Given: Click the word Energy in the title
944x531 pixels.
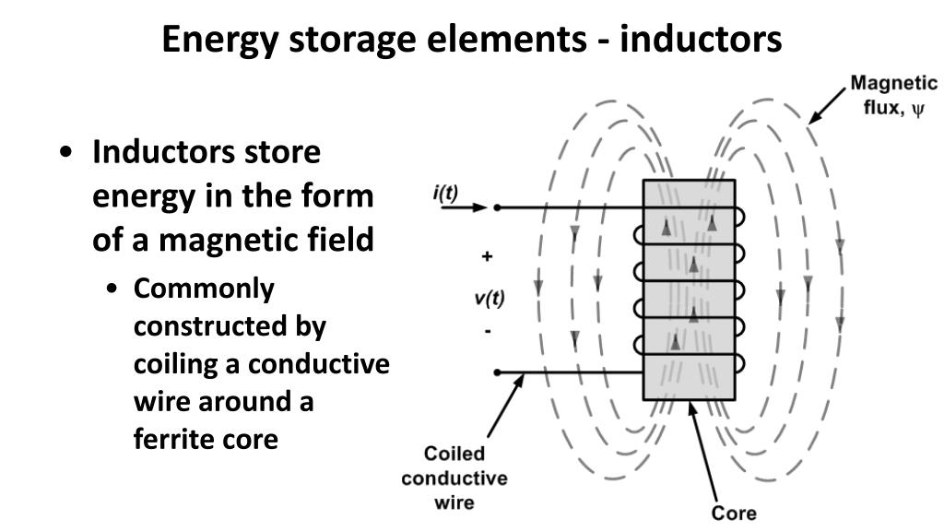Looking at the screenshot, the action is tap(219, 41).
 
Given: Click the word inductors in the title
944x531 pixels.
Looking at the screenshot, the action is tap(701, 39).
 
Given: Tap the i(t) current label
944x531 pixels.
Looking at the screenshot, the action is tap(445, 193).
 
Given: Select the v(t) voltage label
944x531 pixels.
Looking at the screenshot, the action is tap(490, 298).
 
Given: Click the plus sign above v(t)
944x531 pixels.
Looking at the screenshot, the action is tap(487, 256).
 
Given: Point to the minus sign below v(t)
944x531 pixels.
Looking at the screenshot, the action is tap(488, 331).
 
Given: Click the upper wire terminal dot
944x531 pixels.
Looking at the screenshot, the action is tap(497, 207).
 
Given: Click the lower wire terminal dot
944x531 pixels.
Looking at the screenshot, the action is tap(497, 372).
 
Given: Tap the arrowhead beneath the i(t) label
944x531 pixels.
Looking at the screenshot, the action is tap(479, 207).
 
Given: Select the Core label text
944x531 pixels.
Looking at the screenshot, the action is tap(734, 513).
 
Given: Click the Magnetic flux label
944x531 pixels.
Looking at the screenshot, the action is tap(893, 95).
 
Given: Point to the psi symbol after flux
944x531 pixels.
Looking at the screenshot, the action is tap(917, 110).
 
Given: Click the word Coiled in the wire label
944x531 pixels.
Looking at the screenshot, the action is tap(454, 454).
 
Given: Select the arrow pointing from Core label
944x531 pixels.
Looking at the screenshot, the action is tap(703, 452).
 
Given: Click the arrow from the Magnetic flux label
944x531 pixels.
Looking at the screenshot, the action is tap(827, 106).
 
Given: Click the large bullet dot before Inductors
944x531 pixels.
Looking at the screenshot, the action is tap(66, 152).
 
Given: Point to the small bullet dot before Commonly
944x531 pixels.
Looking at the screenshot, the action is tap(112, 289).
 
